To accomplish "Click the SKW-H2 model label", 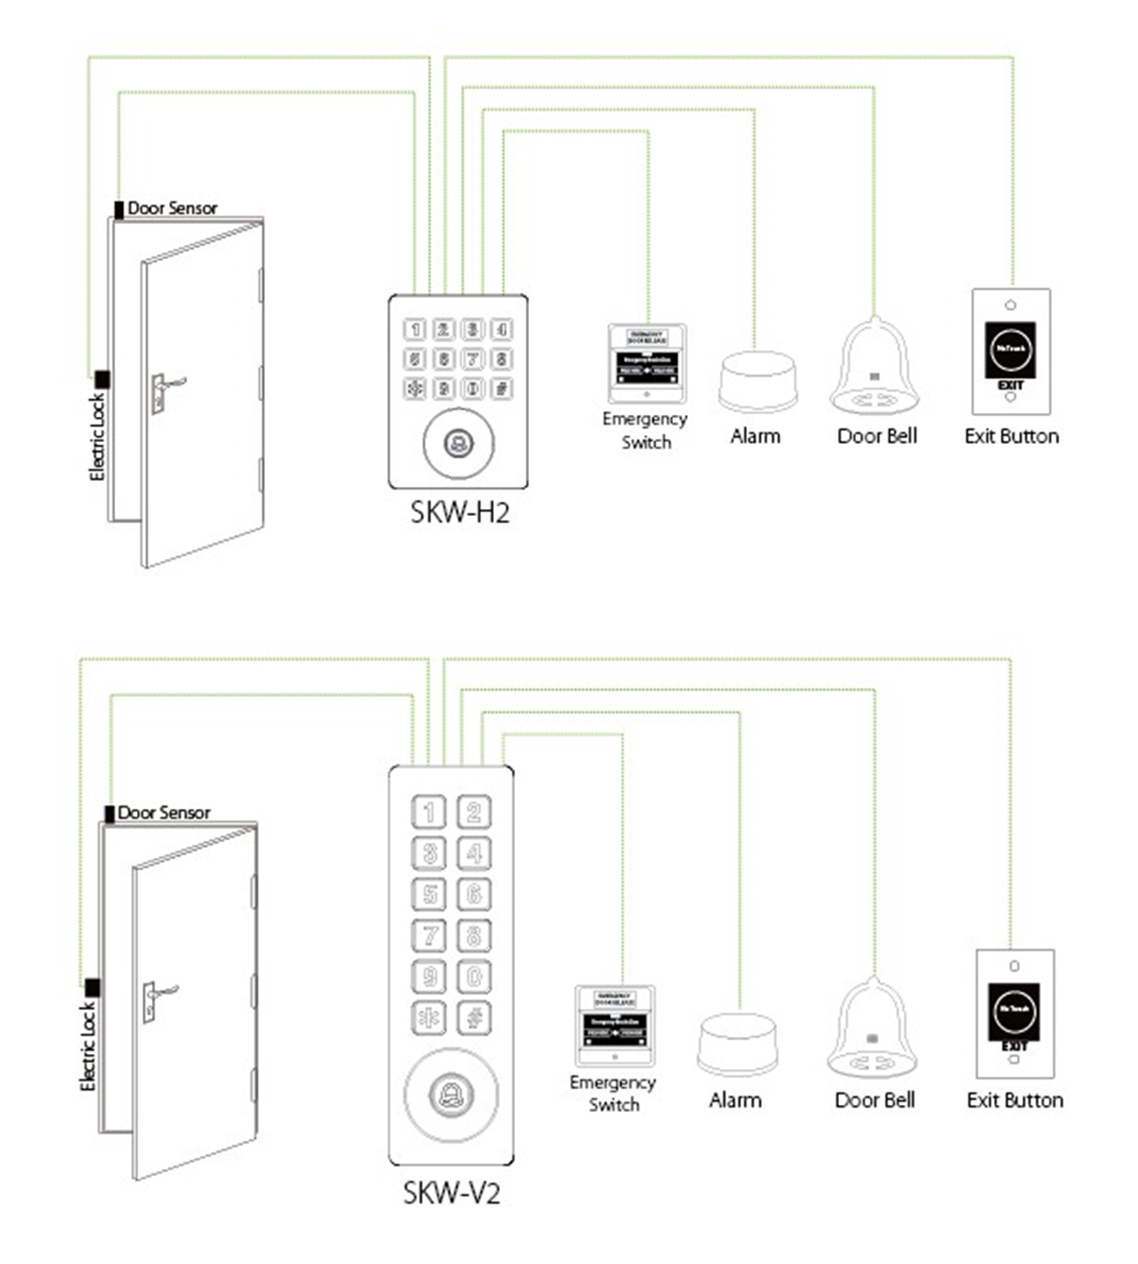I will (x=460, y=512).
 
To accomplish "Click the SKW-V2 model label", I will (x=452, y=1193).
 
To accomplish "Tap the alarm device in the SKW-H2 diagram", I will (x=757, y=381).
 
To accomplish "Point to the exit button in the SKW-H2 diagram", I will (x=1011, y=352).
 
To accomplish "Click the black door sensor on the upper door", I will (x=119, y=210).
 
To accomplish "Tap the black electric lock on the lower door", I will (x=92, y=987).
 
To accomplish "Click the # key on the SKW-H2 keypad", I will (x=502, y=388).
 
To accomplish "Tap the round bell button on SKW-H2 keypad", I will (x=458, y=443).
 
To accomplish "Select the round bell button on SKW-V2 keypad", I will (x=451, y=1094).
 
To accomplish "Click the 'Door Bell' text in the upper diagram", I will (x=876, y=436).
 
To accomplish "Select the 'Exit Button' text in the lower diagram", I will (x=1014, y=1100).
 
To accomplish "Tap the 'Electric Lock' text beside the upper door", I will (x=98, y=437).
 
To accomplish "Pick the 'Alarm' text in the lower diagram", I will (x=735, y=1100).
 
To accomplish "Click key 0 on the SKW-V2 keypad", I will (x=474, y=977).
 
